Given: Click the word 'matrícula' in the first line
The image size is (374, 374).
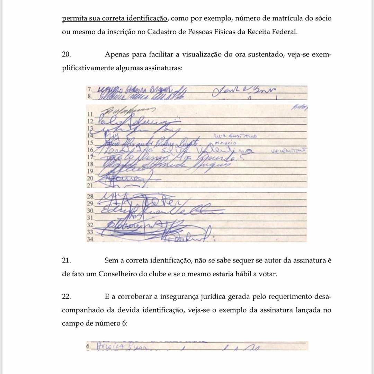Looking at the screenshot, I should coord(273,19).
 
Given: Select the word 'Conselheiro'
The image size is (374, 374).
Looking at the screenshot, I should coord(120,274).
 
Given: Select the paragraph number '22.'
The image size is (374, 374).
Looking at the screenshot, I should coord(67,297).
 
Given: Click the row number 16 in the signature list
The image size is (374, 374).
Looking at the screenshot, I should coord(91,150).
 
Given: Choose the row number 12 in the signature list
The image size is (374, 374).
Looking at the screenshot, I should coord(91,122).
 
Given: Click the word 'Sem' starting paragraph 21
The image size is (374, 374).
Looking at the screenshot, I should coord(110,260).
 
